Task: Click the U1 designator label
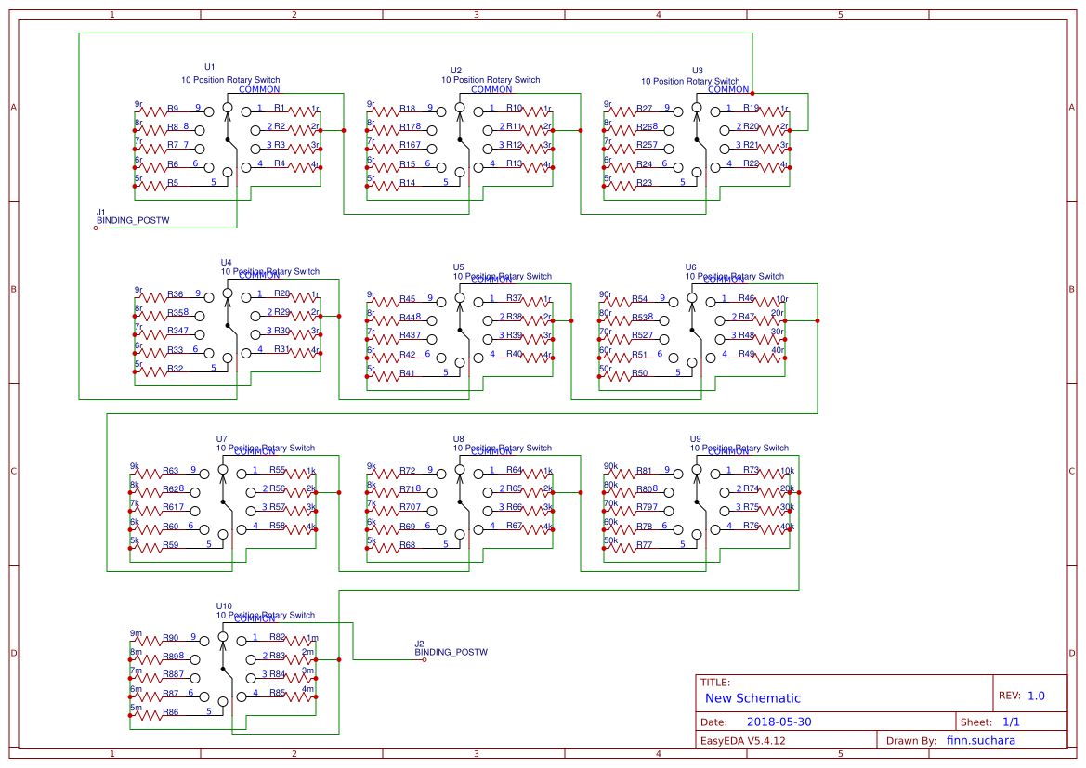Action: point(210,67)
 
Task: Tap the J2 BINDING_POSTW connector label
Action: point(451,652)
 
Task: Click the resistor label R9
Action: point(174,109)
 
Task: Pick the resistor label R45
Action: point(407,299)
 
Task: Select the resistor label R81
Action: point(643,471)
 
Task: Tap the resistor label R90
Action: point(170,638)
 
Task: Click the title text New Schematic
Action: point(752,698)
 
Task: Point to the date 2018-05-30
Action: point(779,722)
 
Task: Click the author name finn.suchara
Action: point(980,741)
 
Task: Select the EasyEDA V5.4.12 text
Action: point(743,741)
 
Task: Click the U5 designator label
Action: point(459,267)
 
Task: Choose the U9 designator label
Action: point(696,438)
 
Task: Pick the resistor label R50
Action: point(640,373)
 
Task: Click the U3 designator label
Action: point(698,71)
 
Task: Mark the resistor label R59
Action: point(170,545)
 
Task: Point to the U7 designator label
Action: point(222,438)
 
